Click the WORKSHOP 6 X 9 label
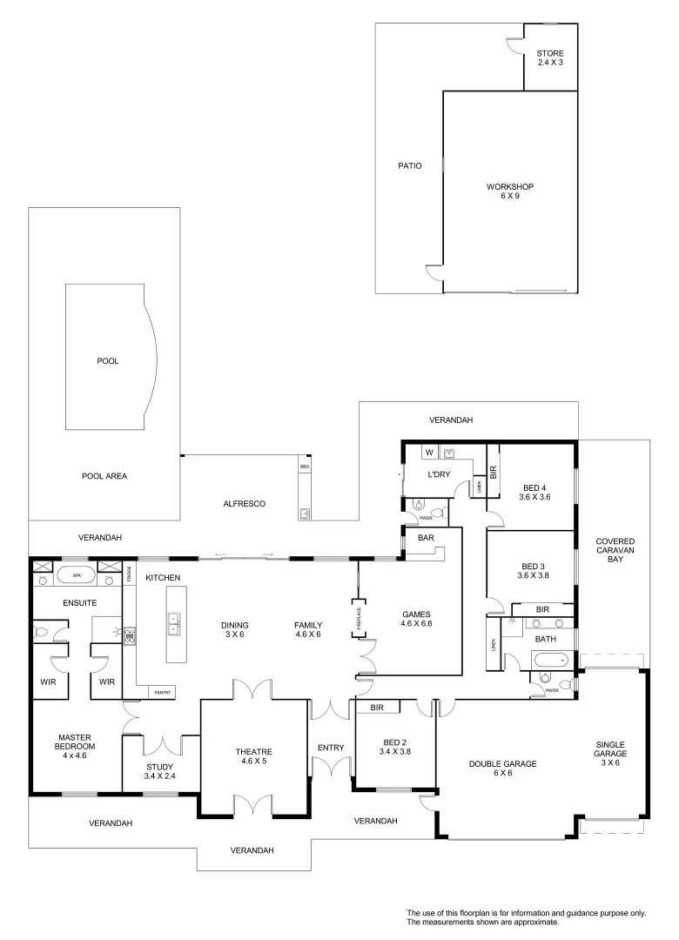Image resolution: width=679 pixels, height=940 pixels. click(509, 191)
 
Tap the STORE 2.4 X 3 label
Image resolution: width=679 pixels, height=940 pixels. click(550, 58)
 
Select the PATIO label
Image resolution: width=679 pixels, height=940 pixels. click(409, 165)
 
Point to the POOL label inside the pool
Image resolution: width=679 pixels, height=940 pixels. click(107, 360)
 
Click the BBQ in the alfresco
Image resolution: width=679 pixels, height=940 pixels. click(305, 467)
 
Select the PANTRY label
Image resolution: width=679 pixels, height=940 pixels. click(162, 693)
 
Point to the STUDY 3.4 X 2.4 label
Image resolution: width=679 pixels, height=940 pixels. click(160, 772)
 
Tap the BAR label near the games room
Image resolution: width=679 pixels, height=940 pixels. click(426, 539)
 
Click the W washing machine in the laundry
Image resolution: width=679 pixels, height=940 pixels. click(429, 453)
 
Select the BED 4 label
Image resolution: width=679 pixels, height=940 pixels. click(534, 492)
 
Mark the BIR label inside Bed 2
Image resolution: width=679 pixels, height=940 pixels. click(377, 708)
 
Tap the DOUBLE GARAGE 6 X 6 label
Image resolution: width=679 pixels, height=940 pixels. click(503, 769)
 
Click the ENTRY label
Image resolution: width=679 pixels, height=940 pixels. click(331, 748)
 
